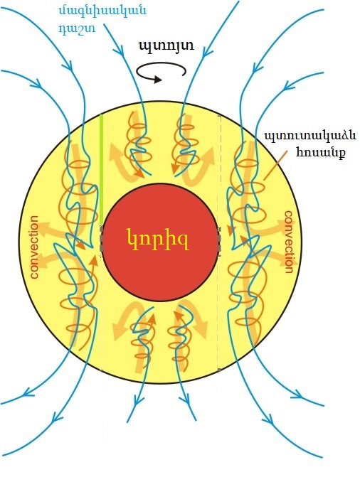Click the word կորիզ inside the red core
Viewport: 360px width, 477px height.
tap(157, 240)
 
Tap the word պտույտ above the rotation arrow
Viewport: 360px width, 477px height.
tap(166, 46)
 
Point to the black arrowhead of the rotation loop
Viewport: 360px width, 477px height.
tap(157, 80)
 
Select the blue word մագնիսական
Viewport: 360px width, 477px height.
tap(102, 11)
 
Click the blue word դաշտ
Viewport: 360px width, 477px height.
tap(77, 28)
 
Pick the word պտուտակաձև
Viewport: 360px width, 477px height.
tap(309, 135)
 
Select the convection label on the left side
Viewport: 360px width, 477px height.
tap(34, 247)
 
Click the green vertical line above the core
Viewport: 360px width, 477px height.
tap(102, 169)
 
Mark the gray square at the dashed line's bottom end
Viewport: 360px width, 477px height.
tap(219, 370)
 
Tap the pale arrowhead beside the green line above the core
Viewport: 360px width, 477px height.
tap(115, 149)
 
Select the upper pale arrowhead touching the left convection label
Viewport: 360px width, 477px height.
tap(45, 229)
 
